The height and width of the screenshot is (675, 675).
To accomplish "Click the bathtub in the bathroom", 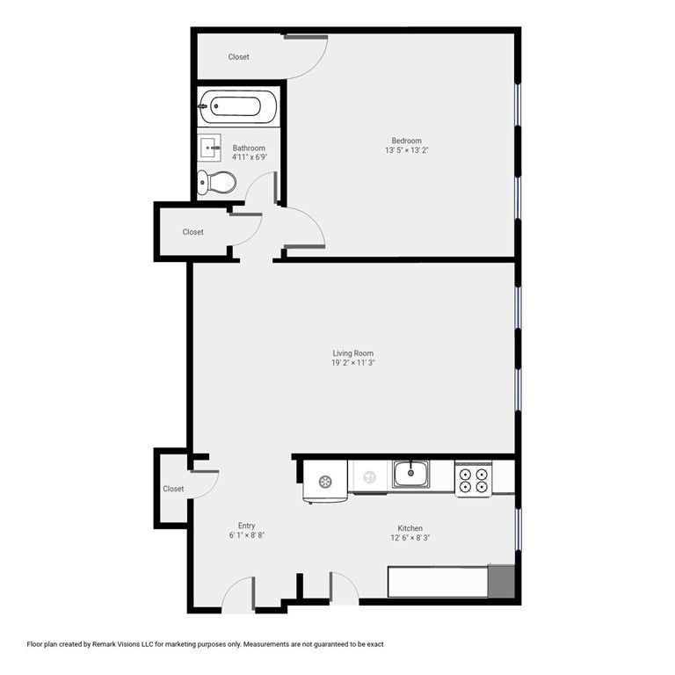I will tap(230, 108).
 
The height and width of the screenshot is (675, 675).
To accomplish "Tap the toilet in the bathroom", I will tap(217, 183).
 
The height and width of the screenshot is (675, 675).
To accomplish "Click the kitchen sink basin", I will tap(410, 475).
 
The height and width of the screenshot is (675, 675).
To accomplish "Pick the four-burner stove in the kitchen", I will tap(473, 477).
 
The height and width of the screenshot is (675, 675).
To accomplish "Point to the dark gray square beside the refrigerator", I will tap(502, 583).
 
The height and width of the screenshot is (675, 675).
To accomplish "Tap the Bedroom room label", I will tap(406, 141).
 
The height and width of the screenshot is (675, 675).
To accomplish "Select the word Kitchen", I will tap(410, 528).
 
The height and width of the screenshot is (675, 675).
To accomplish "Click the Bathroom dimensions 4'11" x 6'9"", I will tap(249, 157).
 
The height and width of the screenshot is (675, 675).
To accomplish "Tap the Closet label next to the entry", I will tap(173, 489).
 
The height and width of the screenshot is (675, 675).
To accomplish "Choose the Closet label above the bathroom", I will tap(238, 57).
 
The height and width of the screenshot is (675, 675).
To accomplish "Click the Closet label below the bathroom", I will tap(192, 232).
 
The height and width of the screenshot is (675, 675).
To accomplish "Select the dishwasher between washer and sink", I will tap(369, 477).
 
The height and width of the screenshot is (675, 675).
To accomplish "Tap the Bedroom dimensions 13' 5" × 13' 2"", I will tap(406, 150).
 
